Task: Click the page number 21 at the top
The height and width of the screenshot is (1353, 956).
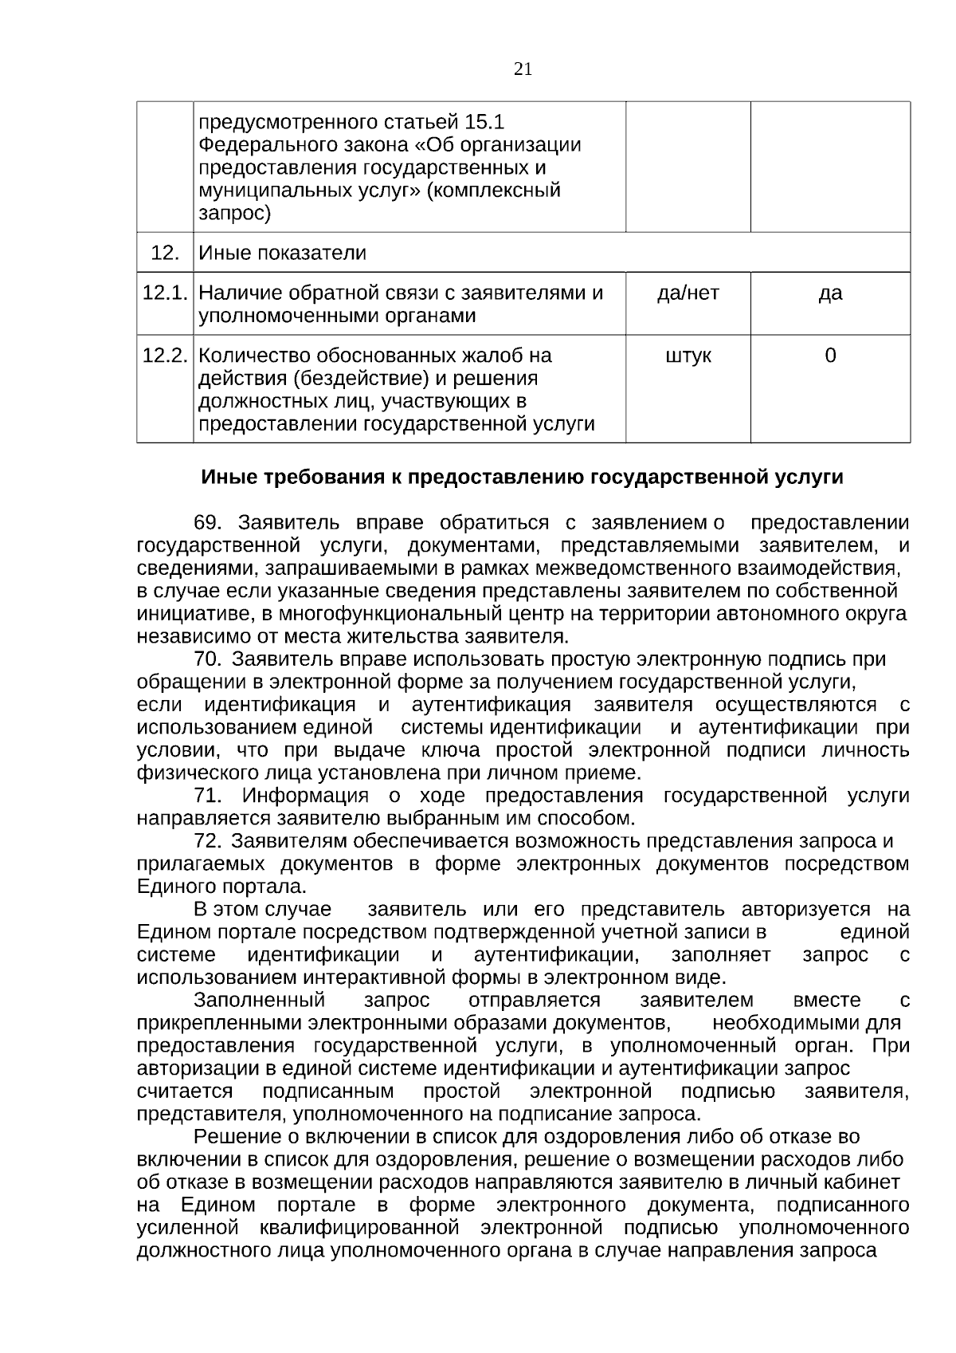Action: [523, 69]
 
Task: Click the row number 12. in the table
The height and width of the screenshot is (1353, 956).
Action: [164, 253]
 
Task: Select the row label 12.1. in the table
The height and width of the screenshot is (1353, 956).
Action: [164, 293]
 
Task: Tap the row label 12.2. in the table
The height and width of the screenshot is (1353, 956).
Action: [164, 355]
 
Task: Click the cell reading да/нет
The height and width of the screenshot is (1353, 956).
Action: [688, 293]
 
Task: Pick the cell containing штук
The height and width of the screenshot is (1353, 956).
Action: [688, 355]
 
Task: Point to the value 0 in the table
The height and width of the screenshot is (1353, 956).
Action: [830, 355]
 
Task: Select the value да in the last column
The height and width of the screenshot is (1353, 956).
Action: [830, 293]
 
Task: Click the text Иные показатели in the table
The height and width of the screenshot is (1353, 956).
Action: [282, 253]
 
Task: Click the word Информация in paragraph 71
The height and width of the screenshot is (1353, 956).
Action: [304, 796]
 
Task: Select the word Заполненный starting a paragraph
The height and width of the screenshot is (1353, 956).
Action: [259, 1000]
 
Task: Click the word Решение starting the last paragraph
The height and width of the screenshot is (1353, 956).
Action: [237, 1136]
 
